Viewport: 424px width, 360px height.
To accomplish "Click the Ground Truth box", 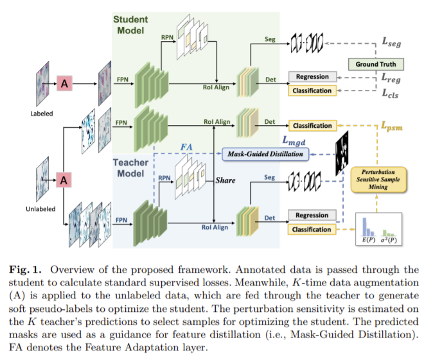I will pyautogui.click(x=376, y=64).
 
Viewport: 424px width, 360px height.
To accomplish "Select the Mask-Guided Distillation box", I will pyautogui.click(x=264, y=155).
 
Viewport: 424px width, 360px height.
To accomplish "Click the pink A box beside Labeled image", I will pyautogui.click(x=64, y=83).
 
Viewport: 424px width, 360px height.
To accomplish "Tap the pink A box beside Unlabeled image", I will pyautogui.click(x=64, y=180).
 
